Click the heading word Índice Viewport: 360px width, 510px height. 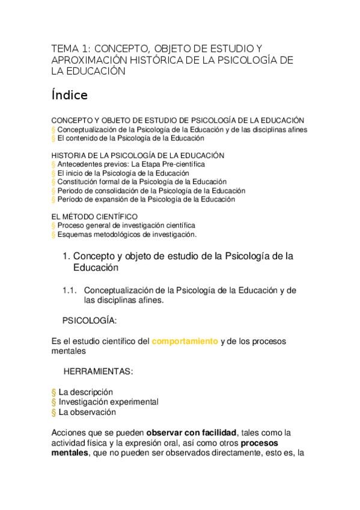tap(70, 95)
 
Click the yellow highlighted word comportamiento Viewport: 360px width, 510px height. tap(185, 342)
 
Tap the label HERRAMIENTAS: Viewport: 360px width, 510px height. tap(98, 372)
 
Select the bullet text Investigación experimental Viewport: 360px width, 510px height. tap(108, 402)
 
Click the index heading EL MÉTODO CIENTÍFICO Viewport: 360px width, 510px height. tap(94, 217)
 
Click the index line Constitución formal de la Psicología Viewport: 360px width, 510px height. tap(142, 182)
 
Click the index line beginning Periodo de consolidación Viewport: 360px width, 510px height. tap(151, 191)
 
